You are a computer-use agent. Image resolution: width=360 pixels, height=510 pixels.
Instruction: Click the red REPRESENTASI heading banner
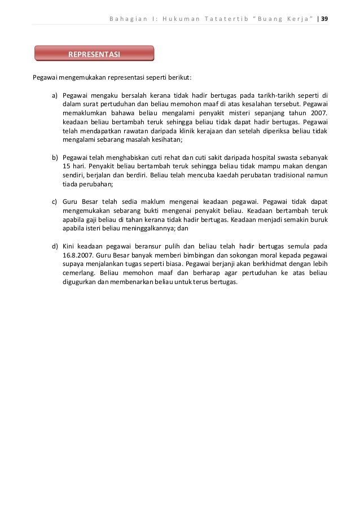click(94, 54)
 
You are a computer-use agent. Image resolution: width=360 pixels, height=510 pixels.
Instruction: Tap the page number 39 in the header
click(325, 18)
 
